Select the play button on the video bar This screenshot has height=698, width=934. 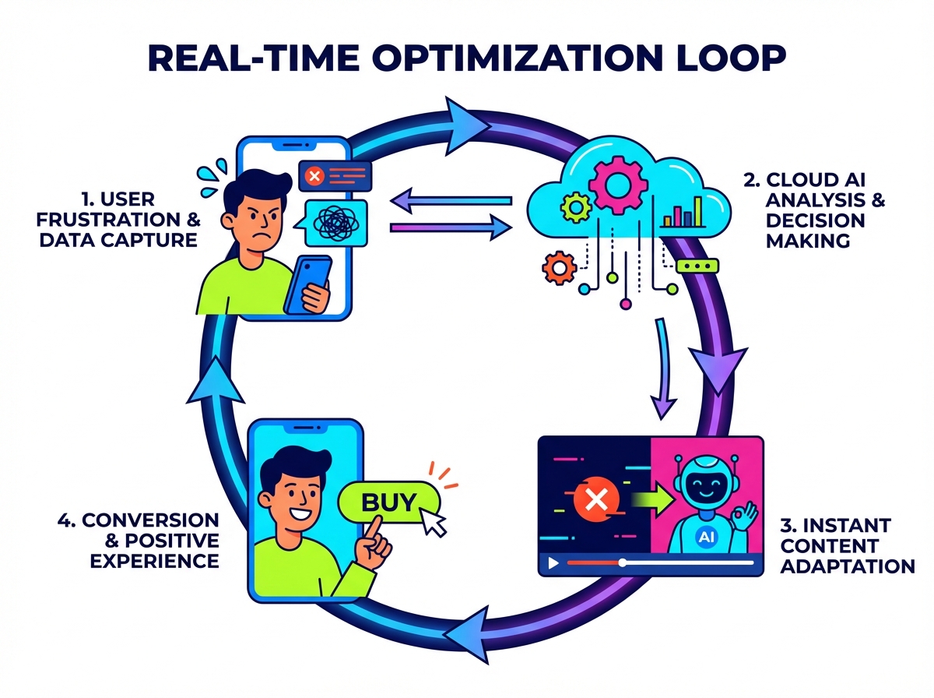coord(553,562)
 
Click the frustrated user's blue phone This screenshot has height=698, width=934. coord(309,285)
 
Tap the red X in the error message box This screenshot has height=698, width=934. coord(314,175)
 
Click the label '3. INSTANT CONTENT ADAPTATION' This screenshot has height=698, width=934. coord(846,545)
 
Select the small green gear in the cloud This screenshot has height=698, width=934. coord(575,206)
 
